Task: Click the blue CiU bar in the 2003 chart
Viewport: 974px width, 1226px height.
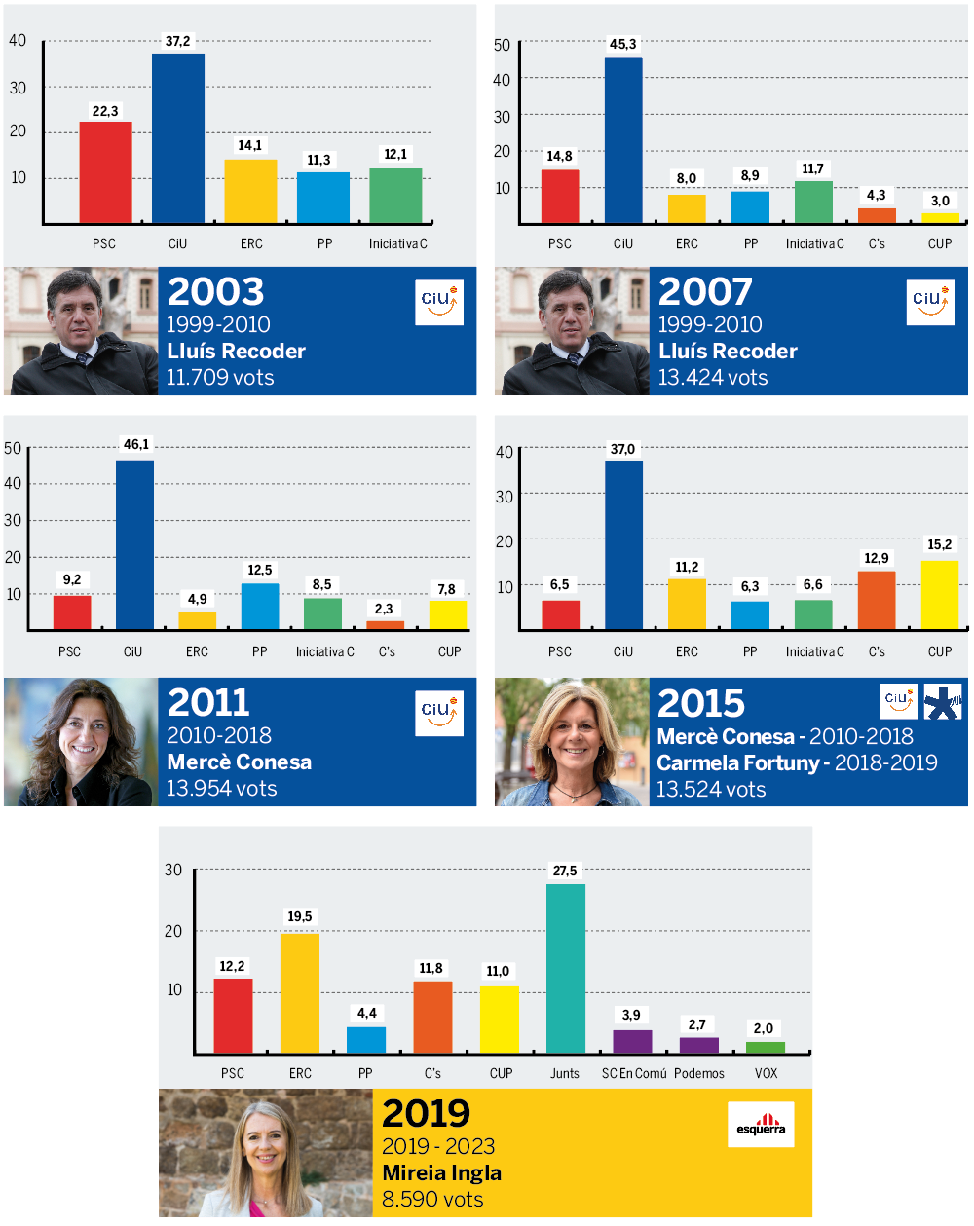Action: (x=178, y=138)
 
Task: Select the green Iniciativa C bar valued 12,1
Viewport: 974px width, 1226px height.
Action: (x=395, y=196)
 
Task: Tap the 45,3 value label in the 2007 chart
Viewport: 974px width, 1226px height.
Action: (x=622, y=44)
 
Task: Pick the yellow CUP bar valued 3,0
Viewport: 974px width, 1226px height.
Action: (x=940, y=217)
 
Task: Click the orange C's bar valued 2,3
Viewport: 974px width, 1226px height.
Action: (x=385, y=624)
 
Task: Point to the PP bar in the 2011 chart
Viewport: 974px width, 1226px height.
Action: (x=260, y=606)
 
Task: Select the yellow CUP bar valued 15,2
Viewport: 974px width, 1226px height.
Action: (x=940, y=594)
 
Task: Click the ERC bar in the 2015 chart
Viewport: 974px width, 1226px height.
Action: (x=687, y=603)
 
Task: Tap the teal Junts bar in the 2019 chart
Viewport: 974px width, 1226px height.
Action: (x=565, y=968)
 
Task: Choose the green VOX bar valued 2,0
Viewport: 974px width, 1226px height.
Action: (x=766, y=1047)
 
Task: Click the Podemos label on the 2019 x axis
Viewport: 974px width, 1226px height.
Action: (x=699, y=1073)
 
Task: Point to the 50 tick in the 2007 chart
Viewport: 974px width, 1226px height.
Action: (x=502, y=45)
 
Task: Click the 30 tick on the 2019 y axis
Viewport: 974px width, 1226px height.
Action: (x=173, y=870)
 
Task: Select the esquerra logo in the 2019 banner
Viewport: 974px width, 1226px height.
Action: (x=761, y=1125)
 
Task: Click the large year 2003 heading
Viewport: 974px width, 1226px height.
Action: (x=215, y=291)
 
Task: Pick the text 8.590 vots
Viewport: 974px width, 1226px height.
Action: (x=432, y=1199)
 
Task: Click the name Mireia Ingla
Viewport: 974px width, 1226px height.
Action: (x=442, y=1172)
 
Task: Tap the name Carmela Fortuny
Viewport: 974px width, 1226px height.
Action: (x=737, y=762)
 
